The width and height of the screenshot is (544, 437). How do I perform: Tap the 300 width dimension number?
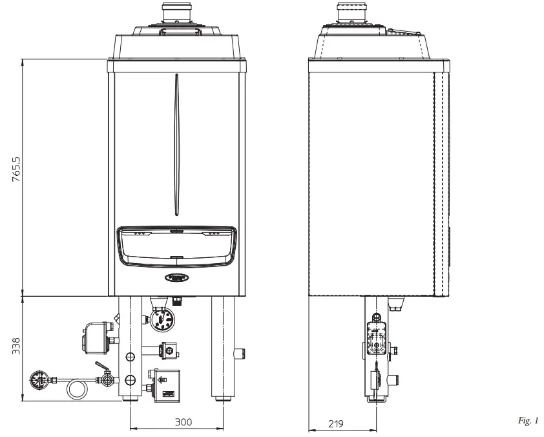click(x=184, y=422)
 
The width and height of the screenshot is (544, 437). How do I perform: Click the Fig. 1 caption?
click(x=527, y=421)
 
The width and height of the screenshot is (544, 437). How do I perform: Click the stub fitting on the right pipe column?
click(x=241, y=353)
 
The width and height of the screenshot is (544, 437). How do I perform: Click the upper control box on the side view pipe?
click(x=375, y=337)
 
